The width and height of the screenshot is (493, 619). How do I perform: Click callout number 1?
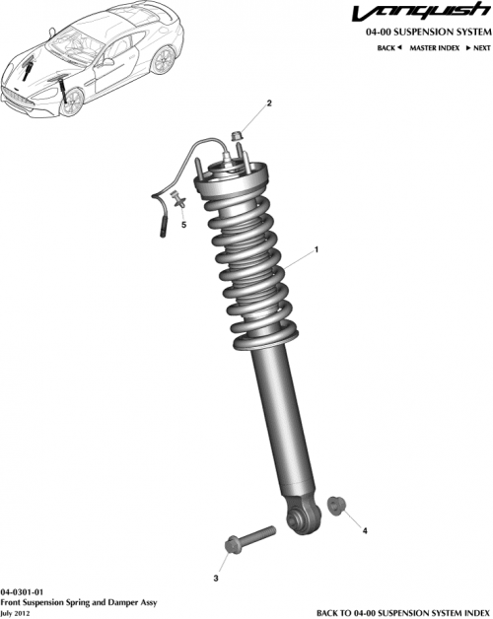pos(317,250)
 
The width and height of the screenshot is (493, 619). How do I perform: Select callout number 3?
pos(217,578)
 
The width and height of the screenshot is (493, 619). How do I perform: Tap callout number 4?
pos(366,531)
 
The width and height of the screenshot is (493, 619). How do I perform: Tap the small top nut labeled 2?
pos(237,133)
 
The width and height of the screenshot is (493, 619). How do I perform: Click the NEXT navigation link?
pos(478,47)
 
